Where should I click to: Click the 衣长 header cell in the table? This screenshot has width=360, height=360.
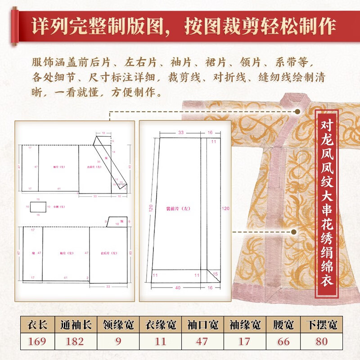click(x=37, y=324)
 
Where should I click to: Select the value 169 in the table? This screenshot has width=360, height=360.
click(x=37, y=341)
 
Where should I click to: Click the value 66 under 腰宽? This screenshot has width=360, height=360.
click(x=284, y=341)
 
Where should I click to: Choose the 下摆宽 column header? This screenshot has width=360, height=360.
click(x=321, y=324)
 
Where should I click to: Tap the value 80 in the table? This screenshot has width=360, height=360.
click(x=321, y=341)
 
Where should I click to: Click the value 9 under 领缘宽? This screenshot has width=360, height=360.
click(x=118, y=341)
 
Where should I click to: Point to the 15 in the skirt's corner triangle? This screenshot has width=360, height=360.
click(x=215, y=274)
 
